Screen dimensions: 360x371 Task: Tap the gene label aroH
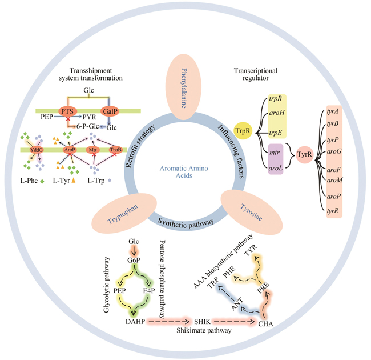pyautogui.click(x=276, y=117)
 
